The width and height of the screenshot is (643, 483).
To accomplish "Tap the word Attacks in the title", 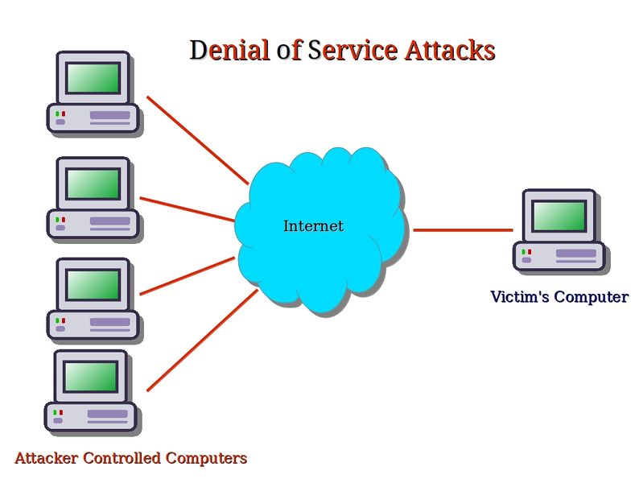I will [x=449, y=51].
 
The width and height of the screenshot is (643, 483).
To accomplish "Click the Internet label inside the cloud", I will [x=313, y=226].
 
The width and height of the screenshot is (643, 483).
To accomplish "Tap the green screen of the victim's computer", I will [x=559, y=216].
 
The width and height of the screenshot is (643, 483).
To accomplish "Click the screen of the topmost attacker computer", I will [x=93, y=78].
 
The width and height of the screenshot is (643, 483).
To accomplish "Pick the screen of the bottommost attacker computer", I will [x=91, y=376].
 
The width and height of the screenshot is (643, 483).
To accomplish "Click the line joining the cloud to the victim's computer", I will [x=463, y=230].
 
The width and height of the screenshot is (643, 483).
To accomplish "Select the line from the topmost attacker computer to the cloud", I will [x=197, y=140].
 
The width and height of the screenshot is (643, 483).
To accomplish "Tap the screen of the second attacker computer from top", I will [x=93, y=184].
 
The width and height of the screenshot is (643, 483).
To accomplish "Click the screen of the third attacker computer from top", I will [x=93, y=284].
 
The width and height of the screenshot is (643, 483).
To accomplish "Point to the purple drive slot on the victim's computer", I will [x=576, y=253].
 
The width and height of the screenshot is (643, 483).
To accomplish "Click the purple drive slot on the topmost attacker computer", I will [x=109, y=116].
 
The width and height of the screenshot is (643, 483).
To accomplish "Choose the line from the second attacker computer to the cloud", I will [x=188, y=208].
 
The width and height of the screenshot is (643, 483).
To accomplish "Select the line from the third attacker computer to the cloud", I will [x=188, y=276].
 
